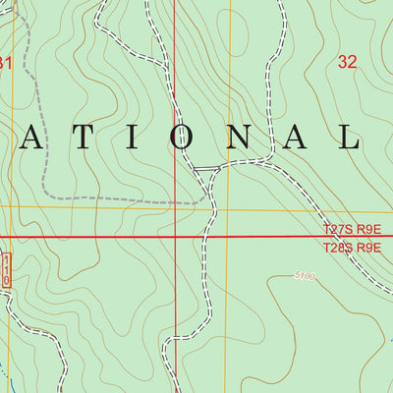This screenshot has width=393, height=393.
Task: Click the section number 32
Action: point(347,62)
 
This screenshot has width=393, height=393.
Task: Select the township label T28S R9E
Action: point(351,248)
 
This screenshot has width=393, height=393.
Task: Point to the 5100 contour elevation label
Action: point(304,277)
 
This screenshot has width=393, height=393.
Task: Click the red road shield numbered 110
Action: point(5,268)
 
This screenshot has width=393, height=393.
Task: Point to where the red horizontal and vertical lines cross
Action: point(175,237)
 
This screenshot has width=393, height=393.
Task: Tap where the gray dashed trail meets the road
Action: point(211,199)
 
